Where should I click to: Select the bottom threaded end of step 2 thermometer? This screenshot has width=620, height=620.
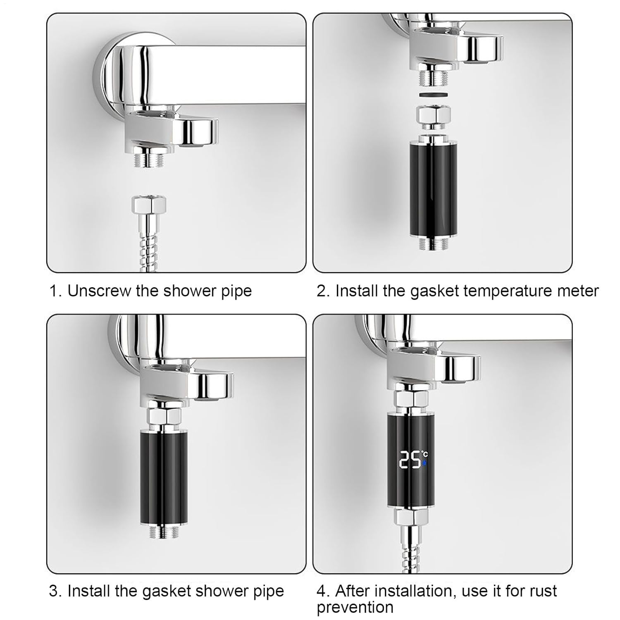click(x=431, y=243)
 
